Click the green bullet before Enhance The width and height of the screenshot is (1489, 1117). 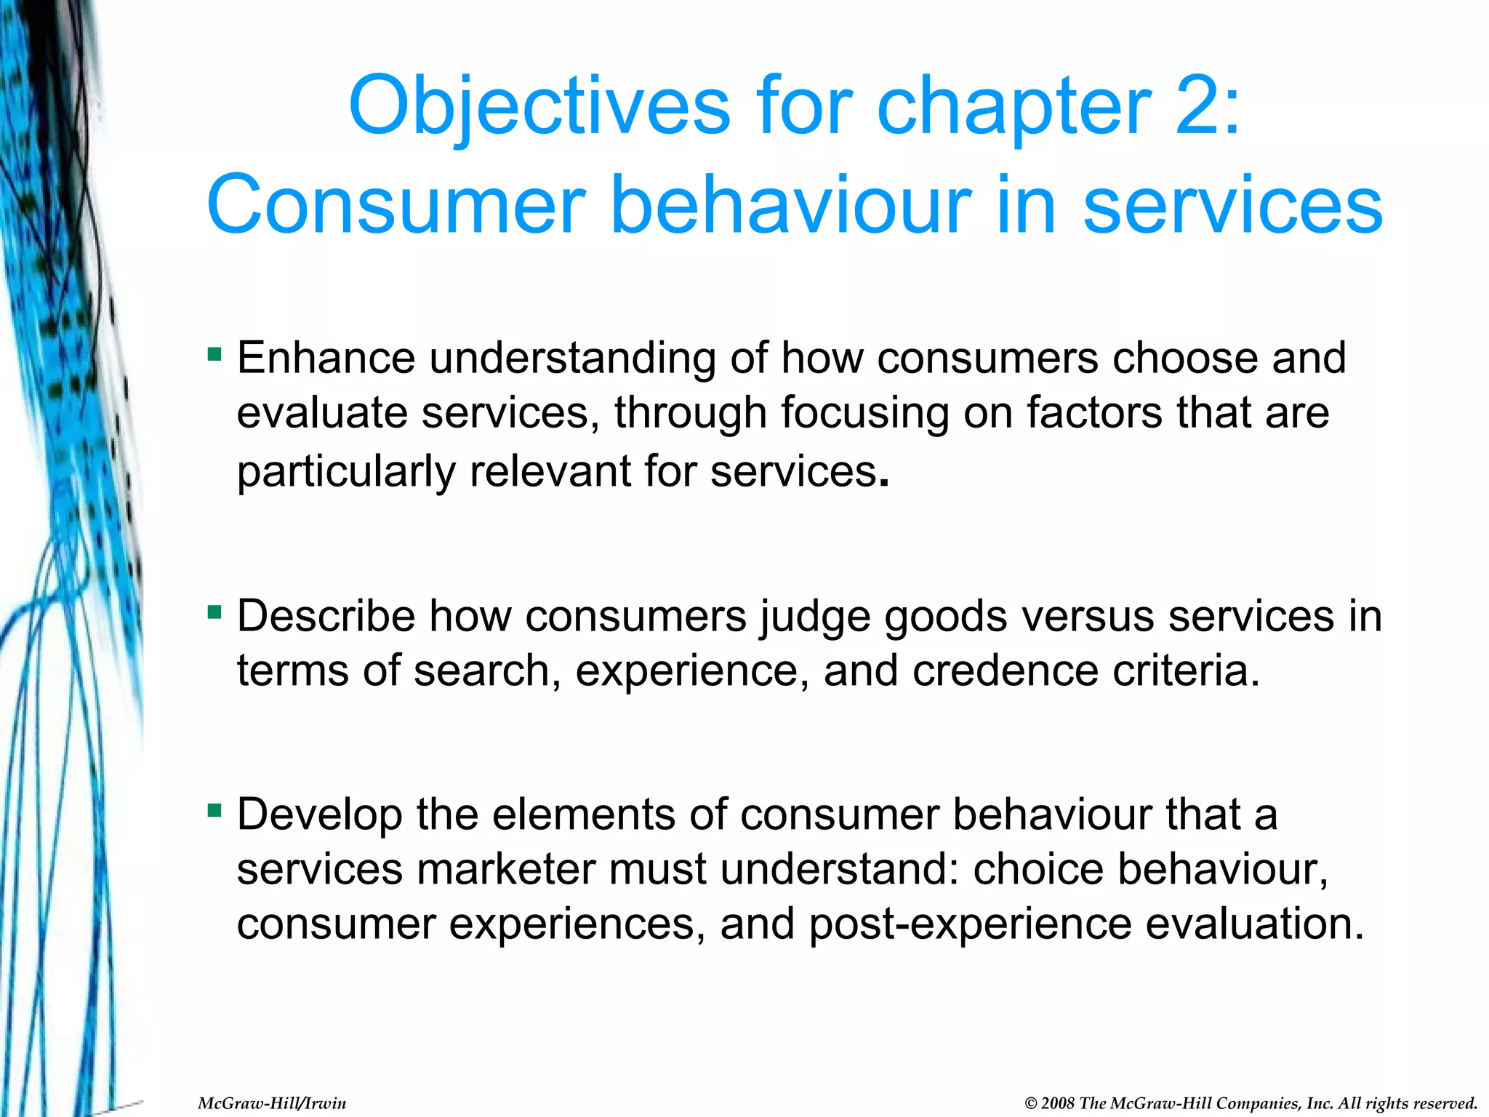[x=214, y=355]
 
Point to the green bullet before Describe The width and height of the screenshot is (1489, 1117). [x=214, y=612]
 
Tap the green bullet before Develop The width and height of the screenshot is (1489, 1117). [x=214, y=810]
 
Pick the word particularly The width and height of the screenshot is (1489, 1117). [x=346, y=471]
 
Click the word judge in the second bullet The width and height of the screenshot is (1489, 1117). [x=815, y=617]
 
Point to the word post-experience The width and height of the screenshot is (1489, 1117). [x=970, y=924]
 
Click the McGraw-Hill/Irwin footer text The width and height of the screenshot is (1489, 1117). [x=272, y=1103]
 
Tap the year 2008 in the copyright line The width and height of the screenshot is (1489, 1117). [x=1058, y=1103]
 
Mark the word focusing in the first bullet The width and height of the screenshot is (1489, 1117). [x=864, y=413]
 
